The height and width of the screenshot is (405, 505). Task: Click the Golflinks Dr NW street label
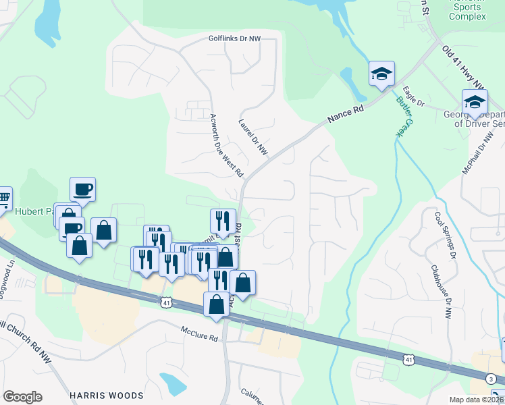click(234, 40)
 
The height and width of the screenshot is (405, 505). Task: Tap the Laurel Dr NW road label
click(253, 138)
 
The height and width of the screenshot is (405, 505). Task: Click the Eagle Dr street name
click(413, 97)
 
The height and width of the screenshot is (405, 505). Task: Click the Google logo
click(22, 397)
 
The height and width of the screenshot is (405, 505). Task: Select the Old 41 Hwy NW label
click(464, 67)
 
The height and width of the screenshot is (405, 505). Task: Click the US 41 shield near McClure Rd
click(166, 304)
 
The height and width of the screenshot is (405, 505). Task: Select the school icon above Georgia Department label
click(475, 103)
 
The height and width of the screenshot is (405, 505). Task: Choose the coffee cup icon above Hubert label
click(82, 190)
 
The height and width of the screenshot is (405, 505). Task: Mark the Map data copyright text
click(477, 399)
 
